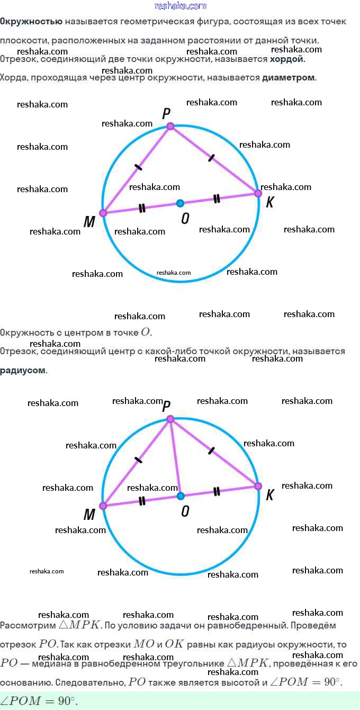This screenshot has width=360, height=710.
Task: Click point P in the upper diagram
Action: [170, 126]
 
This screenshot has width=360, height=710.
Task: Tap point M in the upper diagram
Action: [103, 213]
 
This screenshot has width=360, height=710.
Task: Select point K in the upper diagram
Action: [258, 193]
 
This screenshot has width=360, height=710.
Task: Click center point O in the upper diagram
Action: [180, 203]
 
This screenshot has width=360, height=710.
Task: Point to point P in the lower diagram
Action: [170, 419]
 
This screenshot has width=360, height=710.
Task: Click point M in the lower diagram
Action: [103, 506]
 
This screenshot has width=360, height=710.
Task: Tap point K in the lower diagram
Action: [258, 486]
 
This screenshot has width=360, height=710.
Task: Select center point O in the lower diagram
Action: [181, 496]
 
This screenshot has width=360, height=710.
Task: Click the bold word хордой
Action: [287, 59]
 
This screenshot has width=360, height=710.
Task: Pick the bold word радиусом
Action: [23, 370]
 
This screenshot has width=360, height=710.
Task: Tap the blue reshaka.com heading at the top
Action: [180, 6]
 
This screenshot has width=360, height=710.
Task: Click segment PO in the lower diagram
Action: [175, 458]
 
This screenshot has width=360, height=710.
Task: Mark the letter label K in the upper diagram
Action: [269, 203]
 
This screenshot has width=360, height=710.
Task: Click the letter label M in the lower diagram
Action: [89, 515]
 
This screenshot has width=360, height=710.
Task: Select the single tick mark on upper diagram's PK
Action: [212, 157]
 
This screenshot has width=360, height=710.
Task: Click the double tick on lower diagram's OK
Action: [217, 491]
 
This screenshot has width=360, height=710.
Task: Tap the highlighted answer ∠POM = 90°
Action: [39, 701]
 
